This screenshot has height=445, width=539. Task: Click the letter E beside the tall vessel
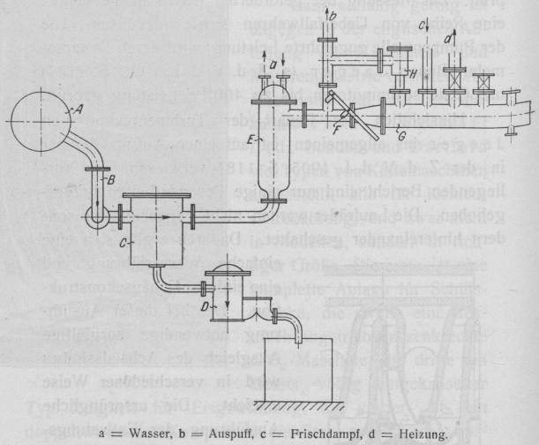click(x=253, y=139)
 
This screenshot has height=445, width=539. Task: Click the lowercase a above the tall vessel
click(x=273, y=64)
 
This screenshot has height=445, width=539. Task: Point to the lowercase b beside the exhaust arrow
click(x=332, y=16)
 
